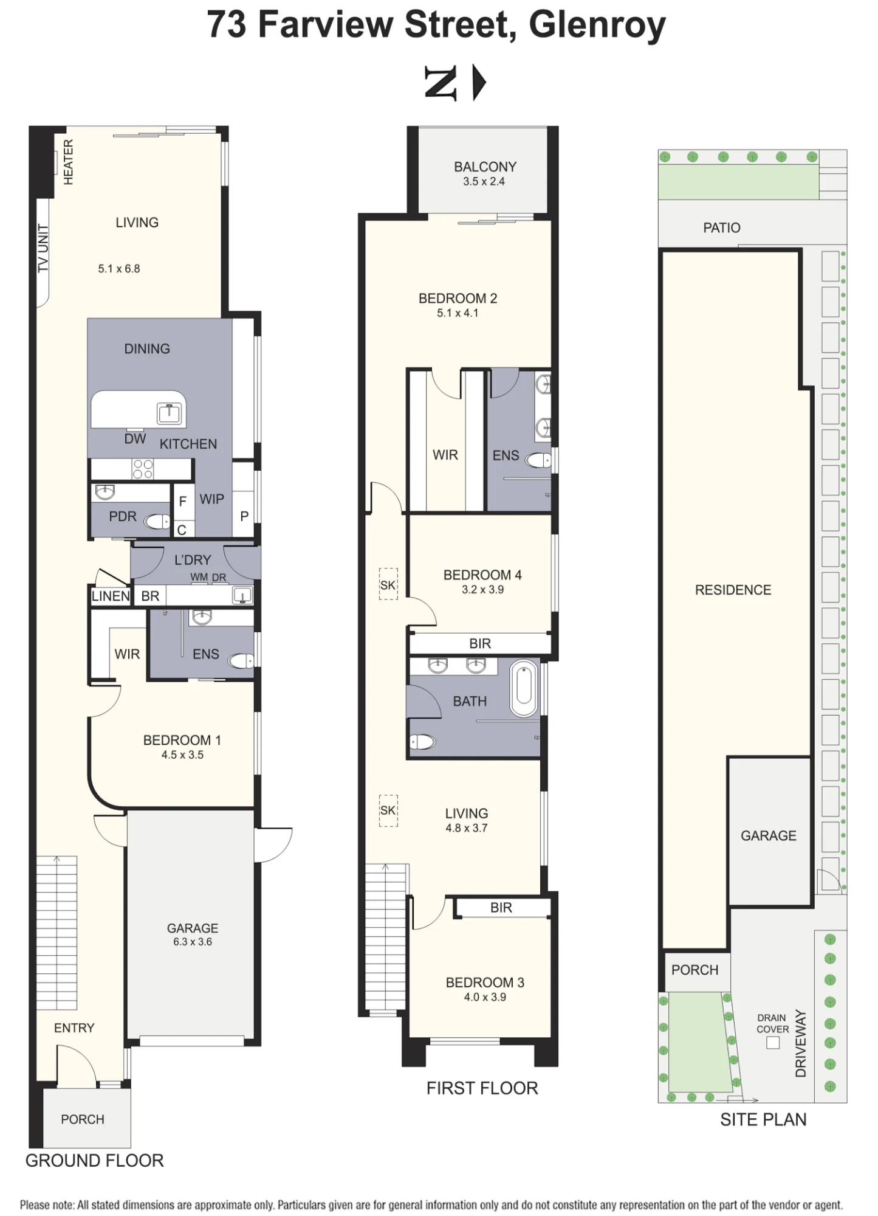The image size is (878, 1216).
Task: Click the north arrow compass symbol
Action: pos(455,83)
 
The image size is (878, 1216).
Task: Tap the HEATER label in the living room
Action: pos(69,162)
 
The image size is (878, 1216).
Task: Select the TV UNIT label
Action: pos(43,248)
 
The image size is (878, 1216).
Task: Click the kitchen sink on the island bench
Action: pos(169,413)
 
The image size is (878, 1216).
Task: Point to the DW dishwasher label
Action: pos(135,439)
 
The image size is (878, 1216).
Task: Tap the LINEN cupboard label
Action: pos(111,596)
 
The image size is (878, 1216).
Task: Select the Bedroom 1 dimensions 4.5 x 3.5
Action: pos(182,755)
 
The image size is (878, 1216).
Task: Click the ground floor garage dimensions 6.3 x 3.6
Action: pos(193,942)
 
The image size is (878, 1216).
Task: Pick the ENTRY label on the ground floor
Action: pos(74,1028)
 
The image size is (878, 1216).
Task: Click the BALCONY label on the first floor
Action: pos(485,167)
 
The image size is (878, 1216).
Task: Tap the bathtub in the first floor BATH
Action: pos(524,688)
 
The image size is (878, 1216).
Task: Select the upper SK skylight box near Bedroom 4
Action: pos(388,584)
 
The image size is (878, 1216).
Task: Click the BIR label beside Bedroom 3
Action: pos(501,908)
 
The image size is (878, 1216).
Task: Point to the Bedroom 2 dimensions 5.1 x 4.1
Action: pos(458,313)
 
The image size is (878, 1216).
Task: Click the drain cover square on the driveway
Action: pos(773,1043)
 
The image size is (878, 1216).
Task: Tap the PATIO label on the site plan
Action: pos(722,228)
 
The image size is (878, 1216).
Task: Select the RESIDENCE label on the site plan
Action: pos(733,590)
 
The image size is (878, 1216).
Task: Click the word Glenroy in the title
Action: pos(597,26)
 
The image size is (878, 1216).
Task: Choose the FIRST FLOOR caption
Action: pos(482,1088)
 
